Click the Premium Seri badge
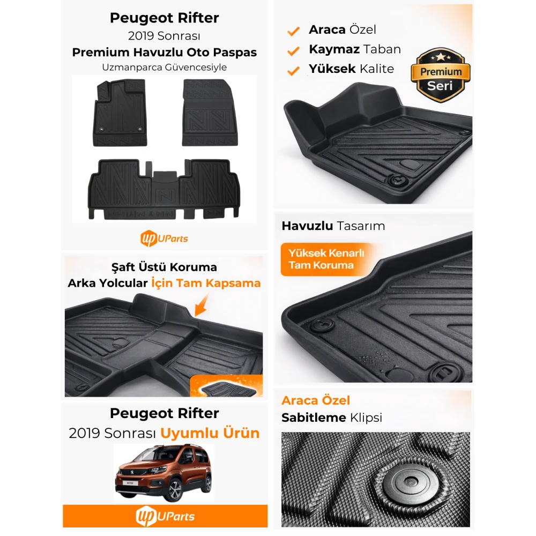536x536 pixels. tap(440, 75)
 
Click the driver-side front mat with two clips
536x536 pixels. tap(120, 113)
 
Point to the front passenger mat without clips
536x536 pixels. tap(210, 113)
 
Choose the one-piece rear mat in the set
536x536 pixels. tap(164, 189)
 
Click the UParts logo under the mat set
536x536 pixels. tap(164, 239)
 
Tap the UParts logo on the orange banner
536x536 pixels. tap(165, 516)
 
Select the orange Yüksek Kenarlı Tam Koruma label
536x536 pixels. tap(326, 259)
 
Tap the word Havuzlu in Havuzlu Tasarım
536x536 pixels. tap(307, 226)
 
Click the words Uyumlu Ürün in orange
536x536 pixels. tap(210, 433)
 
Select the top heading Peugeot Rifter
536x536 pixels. tap(165, 18)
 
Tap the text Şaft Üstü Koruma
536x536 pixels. tap(164, 267)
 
